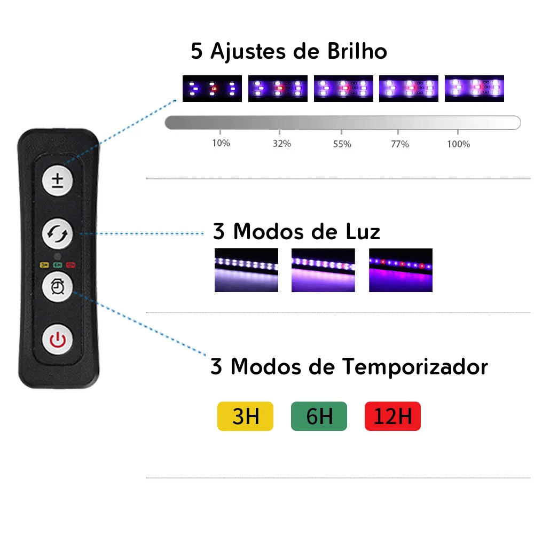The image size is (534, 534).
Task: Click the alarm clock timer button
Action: pyautogui.click(x=57, y=287)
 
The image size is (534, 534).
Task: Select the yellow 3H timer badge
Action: pyautogui.click(x=246, y=416)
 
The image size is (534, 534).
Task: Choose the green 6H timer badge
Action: pyautogui.click(x=319, y=416)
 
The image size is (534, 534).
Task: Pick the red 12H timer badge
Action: pyautogui.click(x=392, y=416)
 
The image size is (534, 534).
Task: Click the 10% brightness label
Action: pyautogui.click(x=221, y=144)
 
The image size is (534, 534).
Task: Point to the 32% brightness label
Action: pyautogui.click(x=281, y=144)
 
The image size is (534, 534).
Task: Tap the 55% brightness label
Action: pyautogui.click(x=342, y=144)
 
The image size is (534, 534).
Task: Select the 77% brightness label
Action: pyautogui.click(x=399, y=144)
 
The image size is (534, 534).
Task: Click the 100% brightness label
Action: pyautogui.click(x=458, y=144)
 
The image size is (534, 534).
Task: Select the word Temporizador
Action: pyautogui.click(x=415, y=367)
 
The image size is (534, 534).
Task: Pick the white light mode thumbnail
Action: pyautogui.click(x=246, y=270)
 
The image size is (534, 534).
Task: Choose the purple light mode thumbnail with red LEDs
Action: pyautogui.click(x=400, y=270)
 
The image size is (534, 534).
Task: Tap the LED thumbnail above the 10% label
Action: pyautogui.click(x=212, y=89)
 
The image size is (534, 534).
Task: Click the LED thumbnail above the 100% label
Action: pyautogui.click(x=474, y=89)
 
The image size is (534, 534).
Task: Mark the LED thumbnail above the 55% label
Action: pyautogui.click(x=343, y=89)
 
